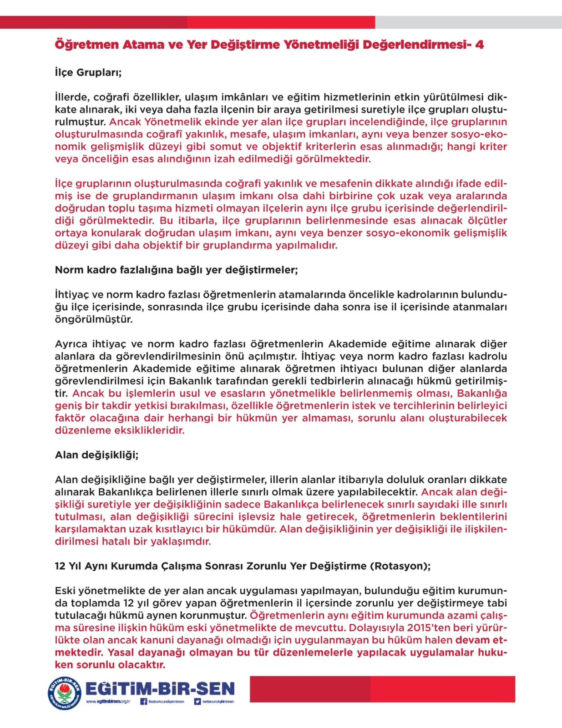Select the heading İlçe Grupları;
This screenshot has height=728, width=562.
(88, 72)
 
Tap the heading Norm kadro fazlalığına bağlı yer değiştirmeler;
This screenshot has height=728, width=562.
(176, 270)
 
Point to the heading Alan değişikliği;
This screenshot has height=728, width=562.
(96, 455)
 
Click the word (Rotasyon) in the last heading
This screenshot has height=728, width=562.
(400, 566)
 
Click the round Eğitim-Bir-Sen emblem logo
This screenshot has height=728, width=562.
(66, 693)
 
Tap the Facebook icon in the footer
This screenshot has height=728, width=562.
(144, 702)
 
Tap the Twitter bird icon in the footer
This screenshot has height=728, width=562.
(197, 702)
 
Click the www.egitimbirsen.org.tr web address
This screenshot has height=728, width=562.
(108, 702)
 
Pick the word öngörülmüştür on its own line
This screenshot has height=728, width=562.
(94, 319)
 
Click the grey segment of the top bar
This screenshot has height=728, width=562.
(468, 22)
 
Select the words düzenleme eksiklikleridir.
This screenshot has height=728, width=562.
(120, 430)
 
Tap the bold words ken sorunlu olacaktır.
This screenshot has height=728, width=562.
(110, 665)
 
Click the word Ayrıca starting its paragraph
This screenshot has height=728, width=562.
(71, 344)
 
